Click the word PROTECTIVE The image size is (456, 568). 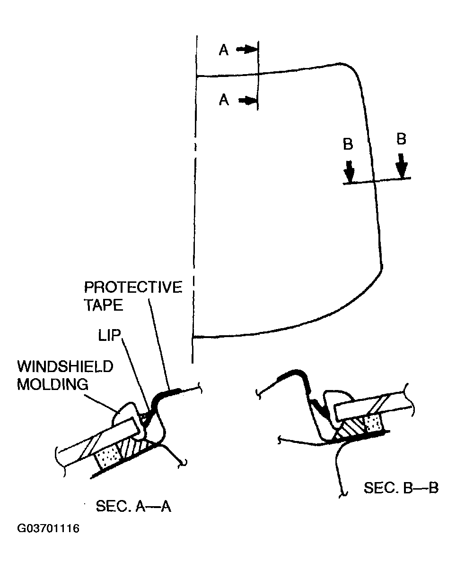(x=132, y=288)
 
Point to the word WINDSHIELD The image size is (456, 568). (x=65, y=366)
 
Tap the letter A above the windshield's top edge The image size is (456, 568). (x=224, y=51)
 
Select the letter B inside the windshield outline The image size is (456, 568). (x=348, y=144)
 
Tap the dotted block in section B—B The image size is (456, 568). (x=373, y=423)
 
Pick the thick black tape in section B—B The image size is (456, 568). (x=293, y=375)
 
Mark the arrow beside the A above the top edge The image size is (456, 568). (x=246, y=49)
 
